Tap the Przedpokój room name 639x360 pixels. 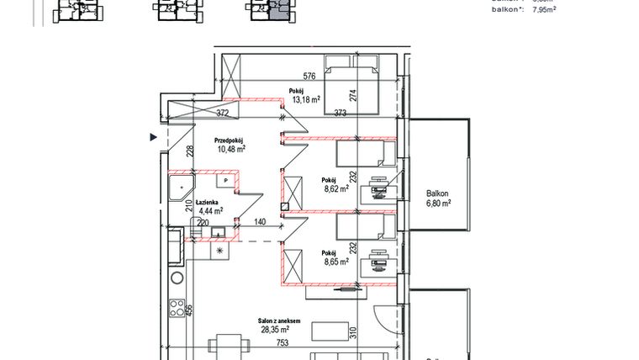pyautogui.click(x=230, y=140)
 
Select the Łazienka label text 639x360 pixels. pyautogui.click(x=209, y=203)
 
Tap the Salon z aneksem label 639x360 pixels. pyautogui.click(x=282, y=321)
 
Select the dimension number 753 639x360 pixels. pyautogui.click(x=282, y=343)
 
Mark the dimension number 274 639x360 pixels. pyautogui.click(x=354, y=96)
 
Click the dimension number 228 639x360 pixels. pyautogui.click(x=190, y=151)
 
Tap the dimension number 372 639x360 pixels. pyautogui.click(x=223, y=113)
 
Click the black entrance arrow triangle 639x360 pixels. pyautogui.click(x=152, y=135)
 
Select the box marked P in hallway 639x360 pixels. pyautogui.click(x=226, y=180)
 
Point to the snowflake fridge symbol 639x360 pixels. pyautogui.click(x=220, y=251)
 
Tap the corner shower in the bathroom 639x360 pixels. pyautogui.click(x=181, y=187)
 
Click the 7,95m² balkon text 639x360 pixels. pyautogui.click(x=538, y=10)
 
